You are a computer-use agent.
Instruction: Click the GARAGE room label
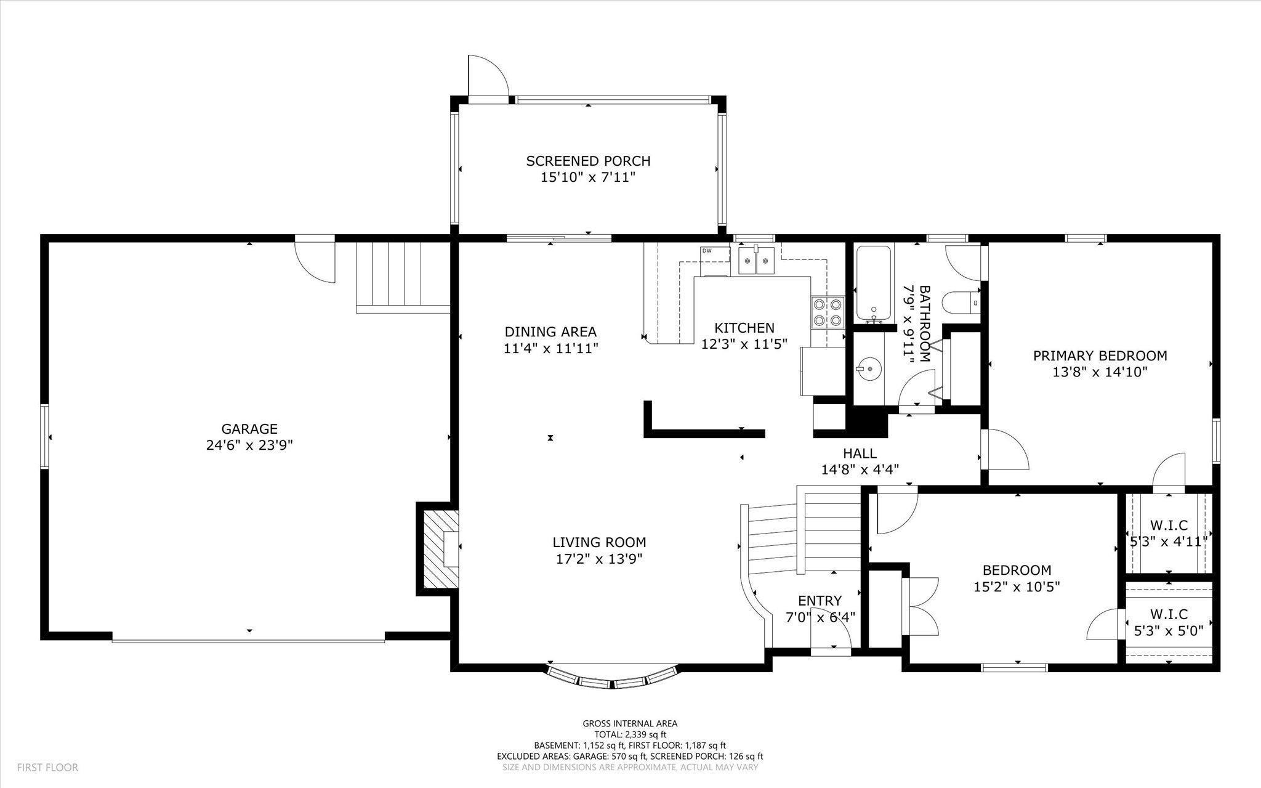(x=249, y=429)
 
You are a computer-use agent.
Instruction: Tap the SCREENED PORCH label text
(x=588, y=161)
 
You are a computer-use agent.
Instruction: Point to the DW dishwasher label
(x=706, y=250)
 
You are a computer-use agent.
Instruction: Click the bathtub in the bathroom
(x=873, y=283)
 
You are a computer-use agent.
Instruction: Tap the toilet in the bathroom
(x=965, y=303)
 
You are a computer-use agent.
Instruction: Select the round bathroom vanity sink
(x=868, y=369)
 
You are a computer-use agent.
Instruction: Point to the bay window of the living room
(x=613, y=676)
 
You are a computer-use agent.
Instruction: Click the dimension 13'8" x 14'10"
(x=1100, y=372)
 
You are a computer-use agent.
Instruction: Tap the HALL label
(x=860, y=453)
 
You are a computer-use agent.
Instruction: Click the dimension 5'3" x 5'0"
(x=1169, y=631)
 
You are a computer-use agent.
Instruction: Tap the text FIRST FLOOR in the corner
(x=47, y=768)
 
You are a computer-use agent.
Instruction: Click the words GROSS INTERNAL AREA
(x=630, y=724)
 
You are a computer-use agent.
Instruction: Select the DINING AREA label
(x=550, y=332)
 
